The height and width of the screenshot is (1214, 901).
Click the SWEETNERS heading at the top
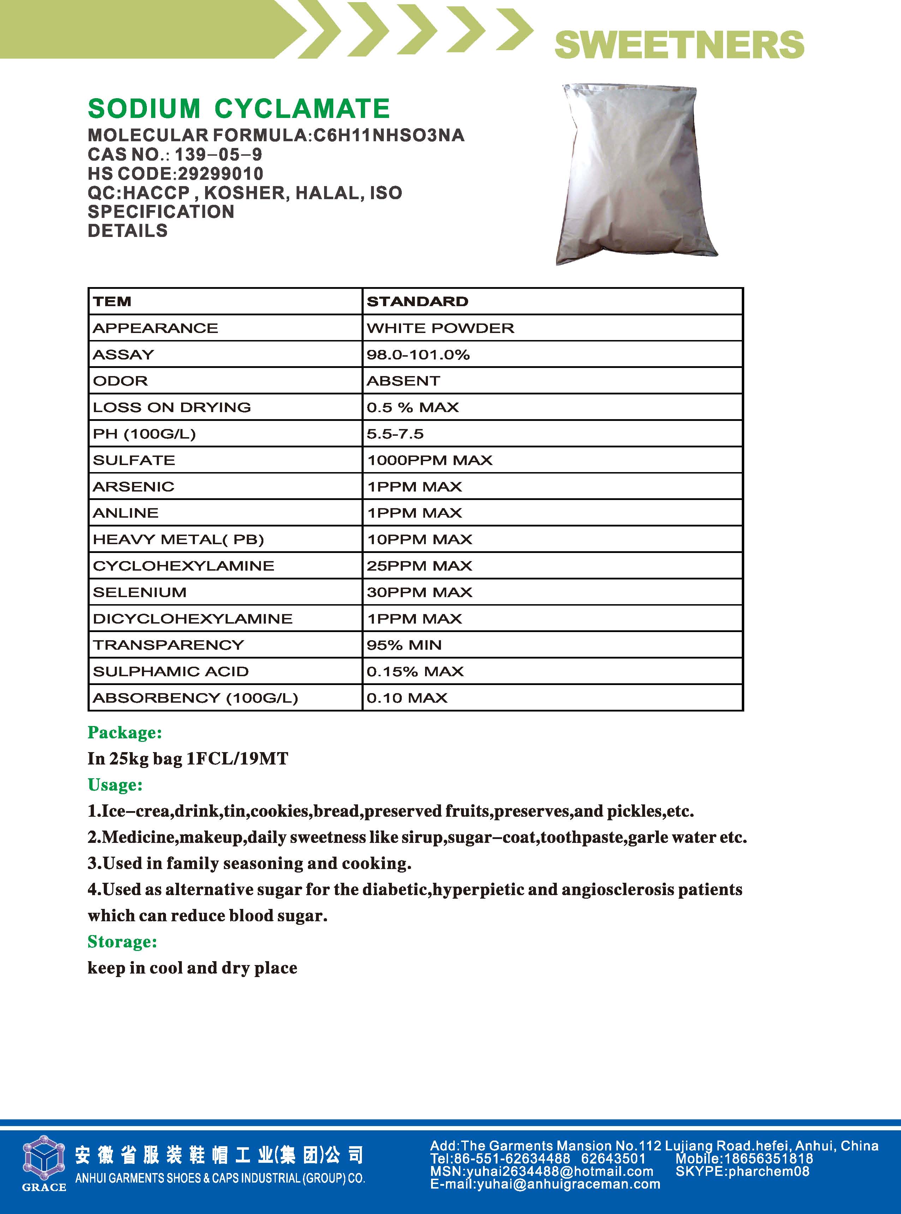click(679, 45)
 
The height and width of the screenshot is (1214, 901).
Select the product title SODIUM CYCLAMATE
click(239, 108)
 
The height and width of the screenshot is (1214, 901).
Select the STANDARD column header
click(417, 302)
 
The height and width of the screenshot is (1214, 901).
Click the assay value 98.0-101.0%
click(418, 355)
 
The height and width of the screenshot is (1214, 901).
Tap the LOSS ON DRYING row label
click(172, 407)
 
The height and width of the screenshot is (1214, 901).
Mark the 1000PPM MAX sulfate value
click(429, 460)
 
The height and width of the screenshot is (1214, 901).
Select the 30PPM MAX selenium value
click(419, 592)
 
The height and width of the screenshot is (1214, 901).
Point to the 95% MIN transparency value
click(404, 645)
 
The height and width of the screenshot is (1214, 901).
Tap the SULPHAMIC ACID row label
click(171, 671)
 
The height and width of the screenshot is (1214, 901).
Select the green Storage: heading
click(122, 941)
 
